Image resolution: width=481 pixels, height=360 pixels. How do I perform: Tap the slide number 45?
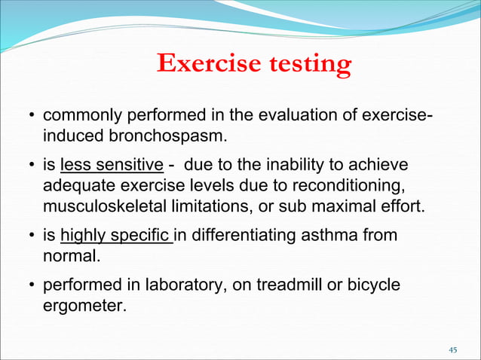[453, 349]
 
